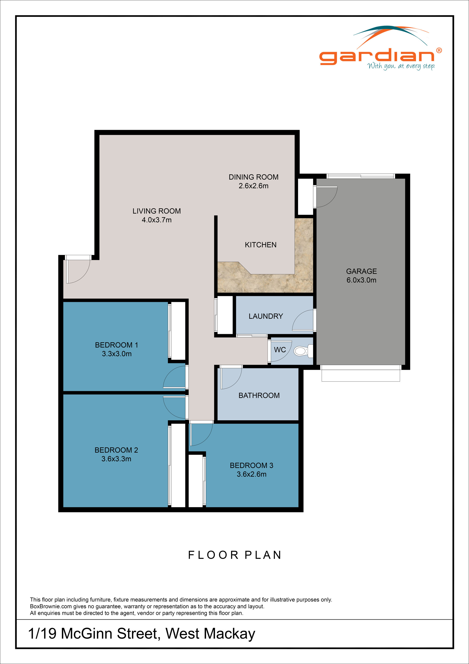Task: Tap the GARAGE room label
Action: tap(361, 271)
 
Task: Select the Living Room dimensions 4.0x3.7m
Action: tap(156, 220)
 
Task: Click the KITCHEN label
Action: tap(261, 245)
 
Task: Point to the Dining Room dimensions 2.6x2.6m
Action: tap(253, 186)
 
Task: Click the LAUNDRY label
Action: tap(266, 316)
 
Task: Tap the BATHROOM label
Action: tap(259, 396)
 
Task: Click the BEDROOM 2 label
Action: tap(116, 450)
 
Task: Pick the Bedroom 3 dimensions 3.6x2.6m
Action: tap(251, 474)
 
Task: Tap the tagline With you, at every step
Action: tap(401, 66)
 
